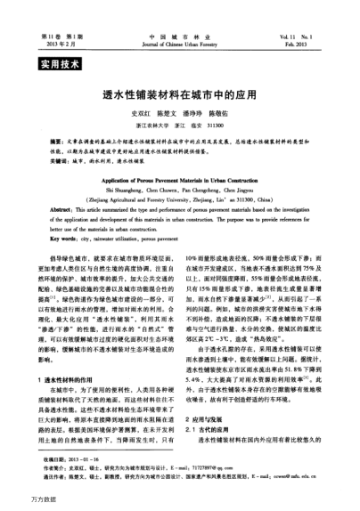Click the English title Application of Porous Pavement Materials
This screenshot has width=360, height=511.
tap(179, 190)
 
